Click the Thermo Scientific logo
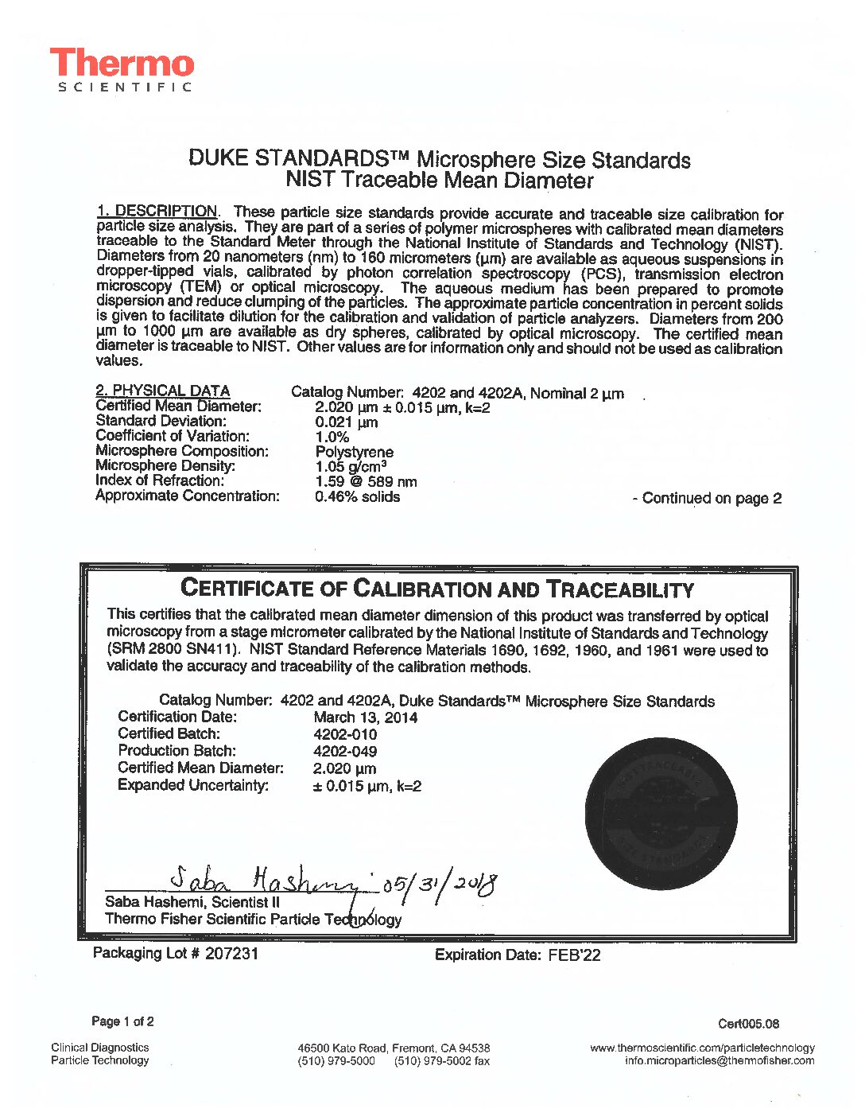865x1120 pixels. [122, 69]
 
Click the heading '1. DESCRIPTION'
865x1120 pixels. [157, 211]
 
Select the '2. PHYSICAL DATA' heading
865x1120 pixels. [162, 391]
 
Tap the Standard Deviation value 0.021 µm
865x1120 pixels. [346, 422]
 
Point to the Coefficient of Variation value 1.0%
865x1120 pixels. [332, 437]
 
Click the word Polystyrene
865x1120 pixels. [354, 452]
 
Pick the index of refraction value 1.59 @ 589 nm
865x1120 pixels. [366, 481]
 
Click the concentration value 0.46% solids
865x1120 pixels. [357, 496]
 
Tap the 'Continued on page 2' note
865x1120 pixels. [707, 499]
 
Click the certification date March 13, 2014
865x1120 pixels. [365, 717]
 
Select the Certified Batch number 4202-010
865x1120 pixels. [345, 734]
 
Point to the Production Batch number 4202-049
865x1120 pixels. [345, 751]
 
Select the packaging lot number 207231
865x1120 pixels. [231, 953]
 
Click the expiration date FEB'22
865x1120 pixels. [574, 955]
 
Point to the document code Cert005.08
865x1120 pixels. [748, 1024]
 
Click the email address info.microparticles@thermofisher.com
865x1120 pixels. [719, 1060]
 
